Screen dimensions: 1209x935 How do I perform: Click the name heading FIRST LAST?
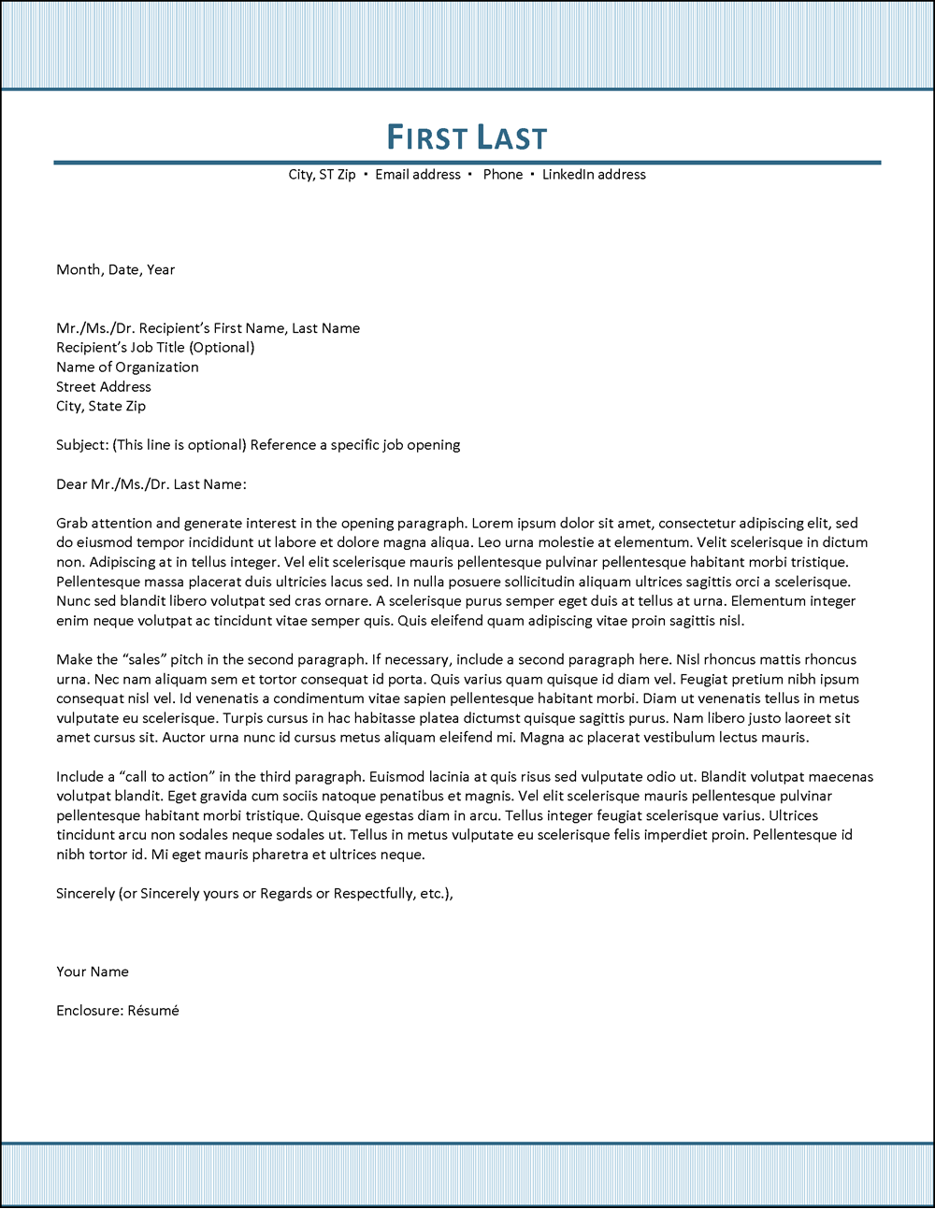[467, 137]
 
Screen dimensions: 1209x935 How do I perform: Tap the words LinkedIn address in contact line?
[594, 175]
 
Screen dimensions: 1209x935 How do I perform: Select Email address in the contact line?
[418, 175]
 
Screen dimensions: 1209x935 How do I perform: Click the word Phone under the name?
[503, 175]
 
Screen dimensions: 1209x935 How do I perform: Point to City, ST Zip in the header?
[322, 175]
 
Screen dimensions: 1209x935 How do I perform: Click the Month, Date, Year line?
[115, 270]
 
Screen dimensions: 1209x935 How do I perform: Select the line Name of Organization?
[127, 367]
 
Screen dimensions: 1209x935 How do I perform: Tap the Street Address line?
[103, 387]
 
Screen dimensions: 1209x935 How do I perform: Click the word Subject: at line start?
[81, 445]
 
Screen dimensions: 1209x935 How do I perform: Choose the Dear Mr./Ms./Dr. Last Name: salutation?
[151, 484]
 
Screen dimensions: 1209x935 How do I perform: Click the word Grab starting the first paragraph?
[71, 524]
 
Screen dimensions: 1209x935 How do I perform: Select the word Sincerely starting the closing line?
[85, 894]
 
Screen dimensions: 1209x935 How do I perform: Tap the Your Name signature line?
[92, 972]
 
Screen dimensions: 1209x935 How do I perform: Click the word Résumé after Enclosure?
[152, 1011]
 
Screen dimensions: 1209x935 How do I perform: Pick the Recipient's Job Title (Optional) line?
[155, 348]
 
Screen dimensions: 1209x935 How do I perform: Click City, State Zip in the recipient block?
[101, 407]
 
